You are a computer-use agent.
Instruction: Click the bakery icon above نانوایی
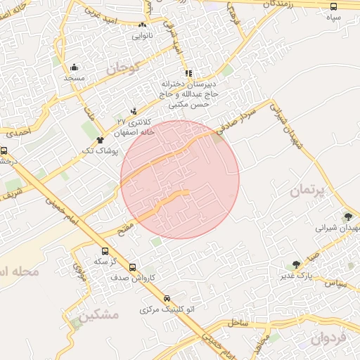pos(143,25)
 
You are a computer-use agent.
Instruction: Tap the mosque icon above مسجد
pos(74,67)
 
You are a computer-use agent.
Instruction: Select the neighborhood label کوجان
pos(124,69)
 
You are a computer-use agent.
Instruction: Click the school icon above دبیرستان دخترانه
pos(188,72)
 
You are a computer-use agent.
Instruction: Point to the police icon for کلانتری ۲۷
pos(134,110)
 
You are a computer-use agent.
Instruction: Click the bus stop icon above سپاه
pos(333,6)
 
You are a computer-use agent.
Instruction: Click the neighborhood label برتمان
pos(308,190)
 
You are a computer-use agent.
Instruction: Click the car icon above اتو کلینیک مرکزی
pos(167,298)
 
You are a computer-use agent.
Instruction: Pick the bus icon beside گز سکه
pos(105,251)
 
